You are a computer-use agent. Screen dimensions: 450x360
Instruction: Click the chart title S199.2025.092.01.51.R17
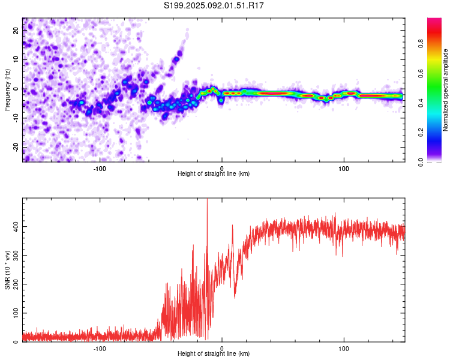[214, 5]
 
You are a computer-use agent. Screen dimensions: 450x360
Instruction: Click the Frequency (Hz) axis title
[7, 90]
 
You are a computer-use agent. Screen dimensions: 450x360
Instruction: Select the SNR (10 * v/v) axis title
[7, 270]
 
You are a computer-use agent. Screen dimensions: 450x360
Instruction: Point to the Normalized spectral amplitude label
[445, 90]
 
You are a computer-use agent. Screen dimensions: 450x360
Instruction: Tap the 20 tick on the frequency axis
[16, 30]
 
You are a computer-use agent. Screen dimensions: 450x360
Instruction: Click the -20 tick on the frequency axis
[16, 147]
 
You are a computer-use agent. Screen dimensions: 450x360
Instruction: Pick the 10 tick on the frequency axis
[16, 59]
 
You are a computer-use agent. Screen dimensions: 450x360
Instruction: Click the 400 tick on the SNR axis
[16, 227]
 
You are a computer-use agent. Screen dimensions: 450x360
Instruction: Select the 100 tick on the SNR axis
[16, 313]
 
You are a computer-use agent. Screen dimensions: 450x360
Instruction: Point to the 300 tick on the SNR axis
[16, 255]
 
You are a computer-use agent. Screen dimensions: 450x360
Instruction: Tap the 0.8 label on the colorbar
[421, 44]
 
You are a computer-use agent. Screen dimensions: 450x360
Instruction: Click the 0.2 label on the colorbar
[421, 133]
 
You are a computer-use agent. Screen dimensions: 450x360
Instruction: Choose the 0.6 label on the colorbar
[421, 73]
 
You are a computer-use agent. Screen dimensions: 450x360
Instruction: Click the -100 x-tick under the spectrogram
[100, 169]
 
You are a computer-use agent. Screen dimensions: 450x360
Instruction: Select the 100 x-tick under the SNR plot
[344, 349]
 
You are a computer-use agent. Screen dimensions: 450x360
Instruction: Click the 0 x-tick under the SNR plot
[221, 349]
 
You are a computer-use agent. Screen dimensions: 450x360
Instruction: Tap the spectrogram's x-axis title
[214, 173]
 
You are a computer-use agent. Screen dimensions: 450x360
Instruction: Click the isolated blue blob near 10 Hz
[176, 59]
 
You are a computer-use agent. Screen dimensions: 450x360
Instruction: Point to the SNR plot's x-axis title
[214, 353]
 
